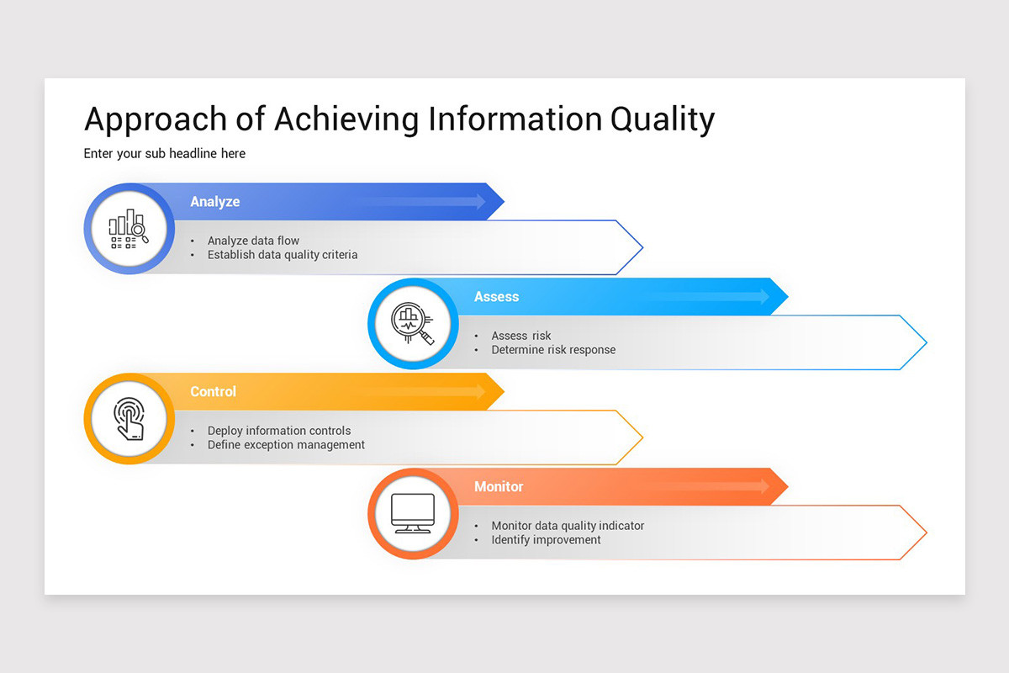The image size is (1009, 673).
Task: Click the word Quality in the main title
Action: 663,119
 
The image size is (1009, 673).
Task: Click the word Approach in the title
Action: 156,120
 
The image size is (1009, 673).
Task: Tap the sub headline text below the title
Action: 165,154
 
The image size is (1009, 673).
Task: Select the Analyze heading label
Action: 215,202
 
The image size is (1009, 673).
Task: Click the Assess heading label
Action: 496,297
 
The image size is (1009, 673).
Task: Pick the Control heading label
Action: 213,391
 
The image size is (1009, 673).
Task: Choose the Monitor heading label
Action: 499,486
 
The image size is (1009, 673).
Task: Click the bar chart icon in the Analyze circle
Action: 129,229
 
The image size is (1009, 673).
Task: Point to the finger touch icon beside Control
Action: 129,419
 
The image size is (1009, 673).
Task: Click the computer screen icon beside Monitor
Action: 413,513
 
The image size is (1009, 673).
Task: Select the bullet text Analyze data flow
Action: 253,241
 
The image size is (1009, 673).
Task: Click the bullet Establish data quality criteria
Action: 283,255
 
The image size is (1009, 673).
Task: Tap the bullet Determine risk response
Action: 553,350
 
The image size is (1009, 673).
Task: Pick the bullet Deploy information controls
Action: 279,431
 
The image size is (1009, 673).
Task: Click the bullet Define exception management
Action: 286,445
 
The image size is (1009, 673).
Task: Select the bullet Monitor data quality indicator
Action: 568,526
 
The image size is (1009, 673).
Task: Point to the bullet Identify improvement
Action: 546,540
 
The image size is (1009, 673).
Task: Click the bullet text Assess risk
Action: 521,336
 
